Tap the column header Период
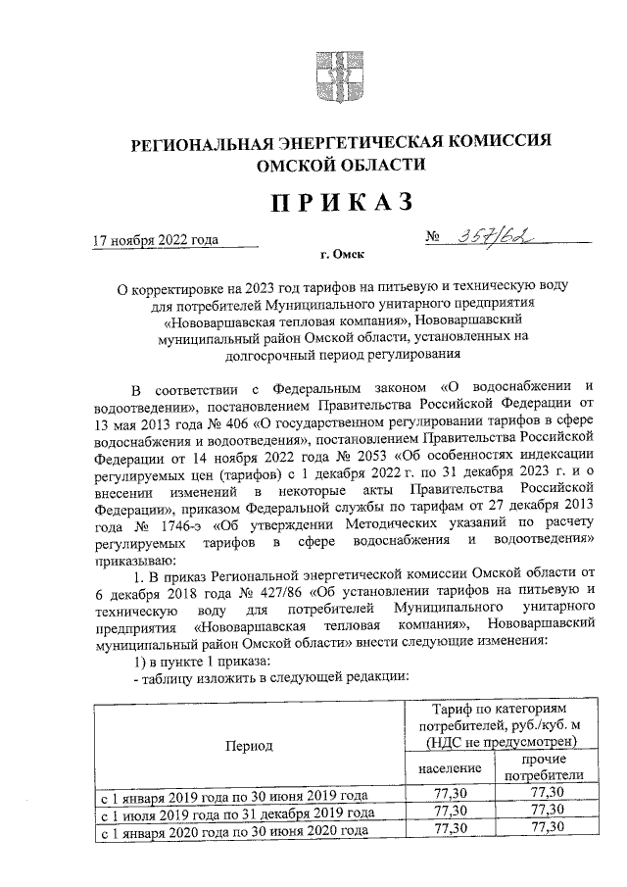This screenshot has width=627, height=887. pyautogui.click(x=249, y=745)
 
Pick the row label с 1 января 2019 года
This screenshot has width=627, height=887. pyautogui.click(x=231, y=795)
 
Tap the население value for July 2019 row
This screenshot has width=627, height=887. pyautogui.click(x=450, y=812)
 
